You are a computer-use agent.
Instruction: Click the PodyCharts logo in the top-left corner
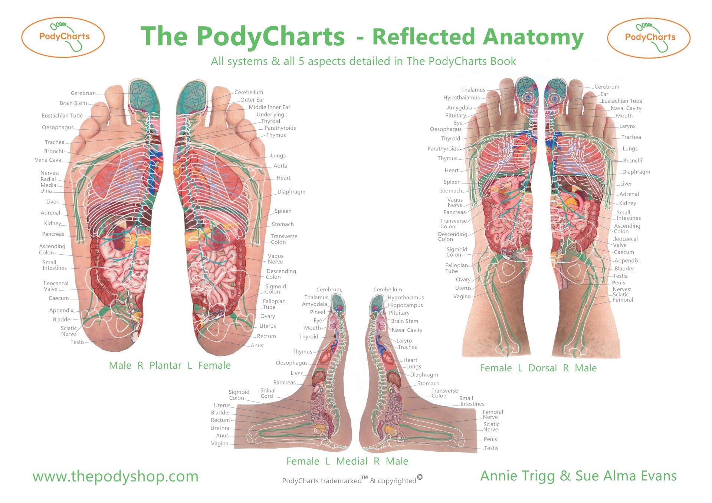(x=63, y=37)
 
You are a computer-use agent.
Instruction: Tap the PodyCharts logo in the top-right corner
(x=649, y=38)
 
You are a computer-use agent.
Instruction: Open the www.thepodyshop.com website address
(x=115, y=476)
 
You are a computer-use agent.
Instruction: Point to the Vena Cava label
(x=48, y=160)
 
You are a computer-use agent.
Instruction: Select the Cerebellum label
(x=249, y=92)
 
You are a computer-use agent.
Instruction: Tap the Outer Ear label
(x=252, y=100)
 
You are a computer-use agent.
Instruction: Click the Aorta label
(x=280, y=166)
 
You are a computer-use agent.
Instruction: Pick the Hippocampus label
(x=405, y=305)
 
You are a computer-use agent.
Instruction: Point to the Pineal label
(x=317, y=312)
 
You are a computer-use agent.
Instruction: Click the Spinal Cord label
(x=268, y=393)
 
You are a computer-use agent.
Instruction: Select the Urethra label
(x=220, y=428)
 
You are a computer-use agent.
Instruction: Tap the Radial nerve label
(x=48, y=179)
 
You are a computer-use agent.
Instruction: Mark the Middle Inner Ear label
(x=269, y=107)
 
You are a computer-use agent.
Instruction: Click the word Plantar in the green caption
(x=165, y=366)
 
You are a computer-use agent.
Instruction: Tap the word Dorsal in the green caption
(x=542, y=368)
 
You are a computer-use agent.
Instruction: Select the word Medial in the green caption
(x=352, y=461)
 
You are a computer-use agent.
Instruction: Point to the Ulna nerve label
(x=46, y=191)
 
